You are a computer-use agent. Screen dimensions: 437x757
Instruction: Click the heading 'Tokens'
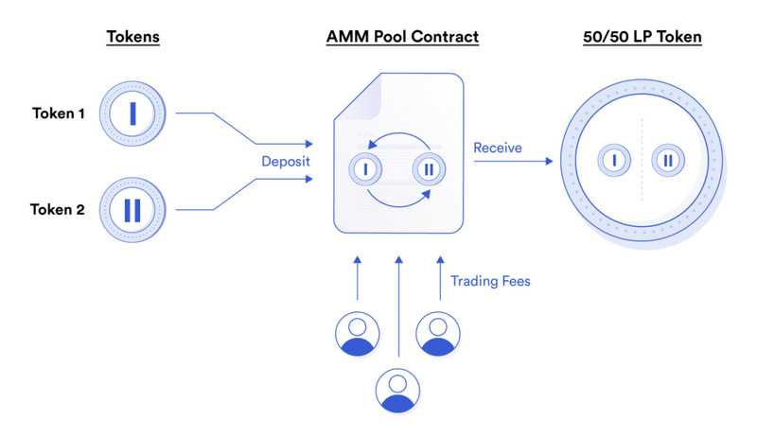(132, 37)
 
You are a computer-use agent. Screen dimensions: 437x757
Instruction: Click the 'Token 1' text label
(59, 114)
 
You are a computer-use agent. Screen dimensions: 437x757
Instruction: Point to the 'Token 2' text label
(59, 210)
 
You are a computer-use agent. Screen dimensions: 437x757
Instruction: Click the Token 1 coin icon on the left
(132, 114)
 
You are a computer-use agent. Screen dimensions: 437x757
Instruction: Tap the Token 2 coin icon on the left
(132, 210)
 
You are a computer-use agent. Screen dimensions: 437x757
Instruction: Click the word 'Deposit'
(286, 162)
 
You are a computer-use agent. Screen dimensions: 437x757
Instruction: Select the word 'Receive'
(498, 148)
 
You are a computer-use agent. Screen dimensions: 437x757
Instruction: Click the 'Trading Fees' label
(489, 281)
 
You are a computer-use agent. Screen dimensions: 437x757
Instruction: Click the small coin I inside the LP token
(614, 162)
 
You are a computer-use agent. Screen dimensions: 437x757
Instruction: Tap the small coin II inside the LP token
(668, 162)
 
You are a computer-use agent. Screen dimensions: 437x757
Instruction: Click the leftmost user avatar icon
(358, 334)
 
